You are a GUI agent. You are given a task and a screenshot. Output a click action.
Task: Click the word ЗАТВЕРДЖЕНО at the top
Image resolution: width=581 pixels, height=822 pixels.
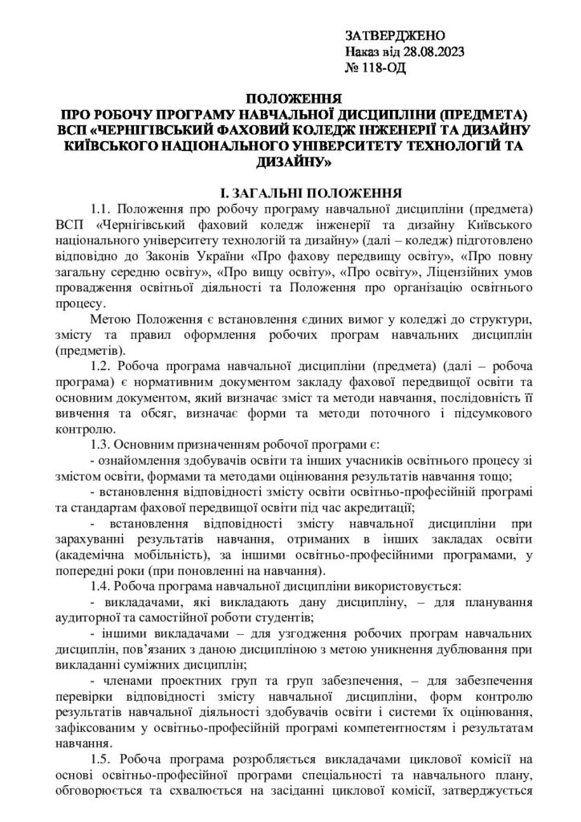point(393,38)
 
